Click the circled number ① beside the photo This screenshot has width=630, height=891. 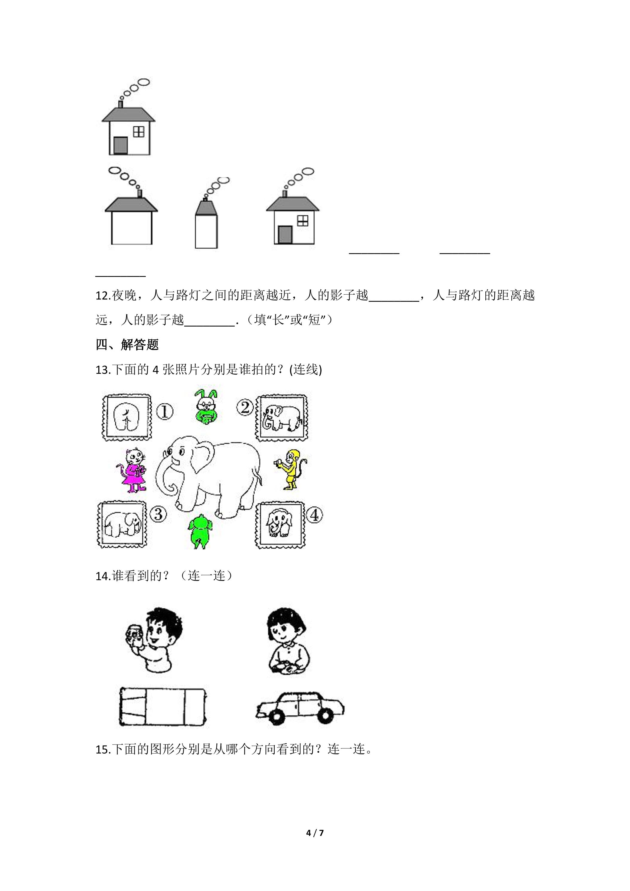(165, 412)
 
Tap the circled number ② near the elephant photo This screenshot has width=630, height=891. (245, 408)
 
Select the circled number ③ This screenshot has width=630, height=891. (158, 515)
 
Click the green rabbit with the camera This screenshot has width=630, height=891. (206, 406)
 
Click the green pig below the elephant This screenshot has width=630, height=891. (200, 531)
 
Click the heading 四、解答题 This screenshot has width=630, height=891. (127, 345)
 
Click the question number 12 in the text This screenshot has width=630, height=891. (103, 296)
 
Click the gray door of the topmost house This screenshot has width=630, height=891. (121, 146)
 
